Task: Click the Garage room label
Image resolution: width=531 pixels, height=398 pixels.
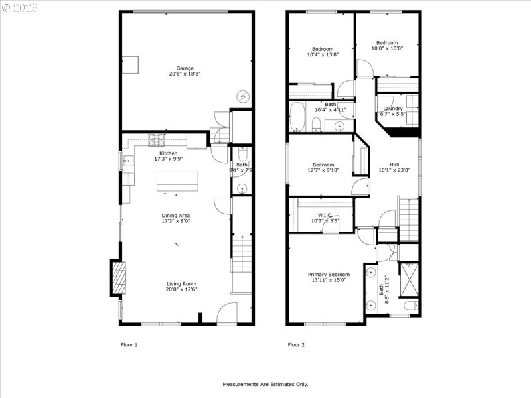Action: coord(185,68)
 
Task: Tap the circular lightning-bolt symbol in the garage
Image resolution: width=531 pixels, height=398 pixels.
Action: coord(243,96)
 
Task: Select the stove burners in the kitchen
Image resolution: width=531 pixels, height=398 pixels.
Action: coord(157,139)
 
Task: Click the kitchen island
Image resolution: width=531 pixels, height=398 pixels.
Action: coord(177,181)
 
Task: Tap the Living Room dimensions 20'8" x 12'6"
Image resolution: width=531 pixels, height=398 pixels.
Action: coord(182,289)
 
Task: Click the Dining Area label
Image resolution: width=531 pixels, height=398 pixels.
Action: coord(176,215)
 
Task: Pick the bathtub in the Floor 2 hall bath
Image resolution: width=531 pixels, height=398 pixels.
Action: coord(297,117)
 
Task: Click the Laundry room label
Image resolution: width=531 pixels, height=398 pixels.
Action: coord(392,109)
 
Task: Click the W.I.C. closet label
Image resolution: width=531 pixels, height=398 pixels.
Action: coord(325,215)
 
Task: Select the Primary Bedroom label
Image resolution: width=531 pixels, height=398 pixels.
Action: coord(328,274)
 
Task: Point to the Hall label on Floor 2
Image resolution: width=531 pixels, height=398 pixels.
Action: coord(394,165)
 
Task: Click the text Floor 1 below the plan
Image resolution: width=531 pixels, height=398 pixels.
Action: coord(129,344)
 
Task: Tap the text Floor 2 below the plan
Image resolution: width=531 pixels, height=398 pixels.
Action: coord(296,344)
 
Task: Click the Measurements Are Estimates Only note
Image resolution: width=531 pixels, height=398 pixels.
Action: coord(265,384)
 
